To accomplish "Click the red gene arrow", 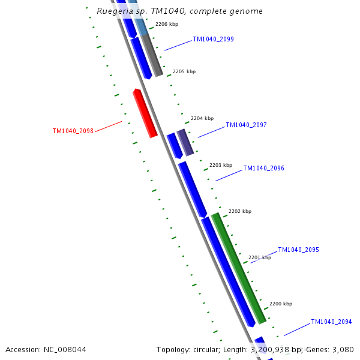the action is [x=145, y=113].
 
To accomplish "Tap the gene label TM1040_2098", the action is [x=73, y=131].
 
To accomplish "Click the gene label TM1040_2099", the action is [x=213, y=39].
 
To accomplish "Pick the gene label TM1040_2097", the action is [x=246, y=125].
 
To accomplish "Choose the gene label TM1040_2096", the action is [x=263, y=169].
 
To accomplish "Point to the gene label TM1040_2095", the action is [x=298, y=250].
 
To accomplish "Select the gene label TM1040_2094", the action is [x=331, y=322].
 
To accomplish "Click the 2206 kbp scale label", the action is [x=167, y=25].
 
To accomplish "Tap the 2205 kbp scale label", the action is [x=184, y=71].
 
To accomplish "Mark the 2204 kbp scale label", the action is [x=202, y=118].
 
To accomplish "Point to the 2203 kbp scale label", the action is [x=220, y=165].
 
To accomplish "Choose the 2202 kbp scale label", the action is [x=240, y=211].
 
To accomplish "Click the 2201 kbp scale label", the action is [x=260, y=257].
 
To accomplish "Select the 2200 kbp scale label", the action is [x=281, y=304].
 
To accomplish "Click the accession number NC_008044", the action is [x=65, y=349].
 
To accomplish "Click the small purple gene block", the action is [x=185, y=142].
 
